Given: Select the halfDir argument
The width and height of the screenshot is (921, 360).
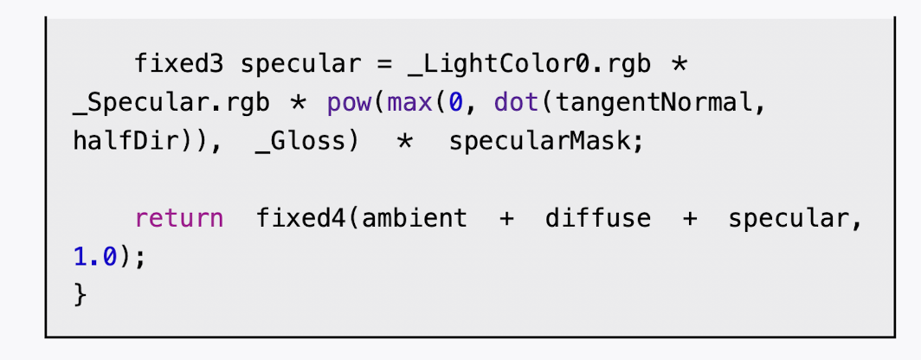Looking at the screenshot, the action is click(116, 141).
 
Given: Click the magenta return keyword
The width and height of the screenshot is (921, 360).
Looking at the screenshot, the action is click(178, 217).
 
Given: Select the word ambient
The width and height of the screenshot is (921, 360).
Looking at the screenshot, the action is click(414, 217).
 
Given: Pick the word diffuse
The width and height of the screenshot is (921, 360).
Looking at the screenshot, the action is click(597, 217).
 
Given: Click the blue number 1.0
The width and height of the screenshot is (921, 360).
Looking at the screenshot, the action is click(94, 255).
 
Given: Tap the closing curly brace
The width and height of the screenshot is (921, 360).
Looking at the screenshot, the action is click(81, 293).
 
